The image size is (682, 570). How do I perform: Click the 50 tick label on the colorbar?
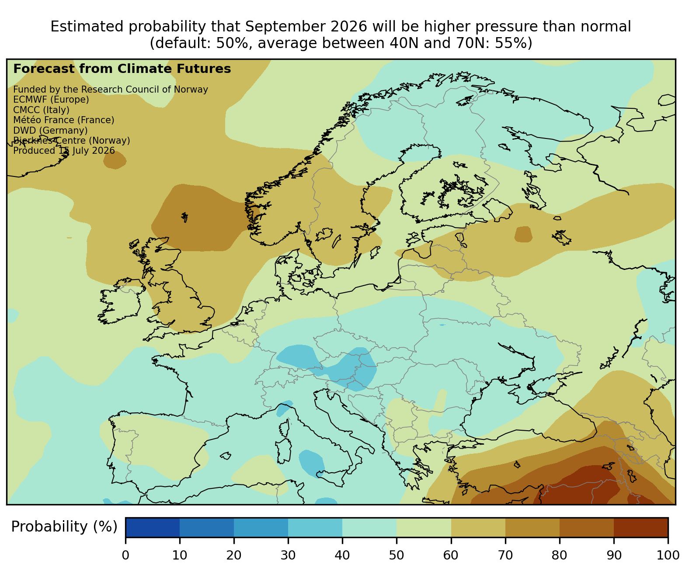pyautogui.click(x=396, y=555)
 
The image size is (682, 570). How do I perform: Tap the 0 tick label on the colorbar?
pyautogui.click(x=125, y=555)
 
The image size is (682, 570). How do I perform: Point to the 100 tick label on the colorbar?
pyautogui.click(x=668, y=555)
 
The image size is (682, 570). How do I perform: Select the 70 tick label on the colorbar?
pyautogui.click(x=505, y=555)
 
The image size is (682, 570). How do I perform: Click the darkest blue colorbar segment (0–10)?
pyautogui.click(x=153, y=528)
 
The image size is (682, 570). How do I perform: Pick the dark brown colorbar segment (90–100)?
pyautogui.click(x=641, y=528)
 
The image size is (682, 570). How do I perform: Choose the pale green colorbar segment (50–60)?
pyautogui.click(x=424, y=528)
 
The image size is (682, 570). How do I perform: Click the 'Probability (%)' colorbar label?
pyautogui.click(x=64, y=527)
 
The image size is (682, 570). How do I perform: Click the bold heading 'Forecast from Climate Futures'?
pyautogui.click(x=122, y=69)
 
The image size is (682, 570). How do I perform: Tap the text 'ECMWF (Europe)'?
pyautogui.click(x=51, y=100)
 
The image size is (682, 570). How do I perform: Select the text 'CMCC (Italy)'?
pyautogui.click(x=41, y=110)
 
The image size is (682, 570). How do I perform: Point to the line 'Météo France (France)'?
pyautogui.click(x=64, y=120)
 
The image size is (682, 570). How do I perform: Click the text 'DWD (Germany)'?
pyautogui.click(x=50, y=131)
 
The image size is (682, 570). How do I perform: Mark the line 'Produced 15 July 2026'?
pyautogui.click(x=64, y=151)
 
